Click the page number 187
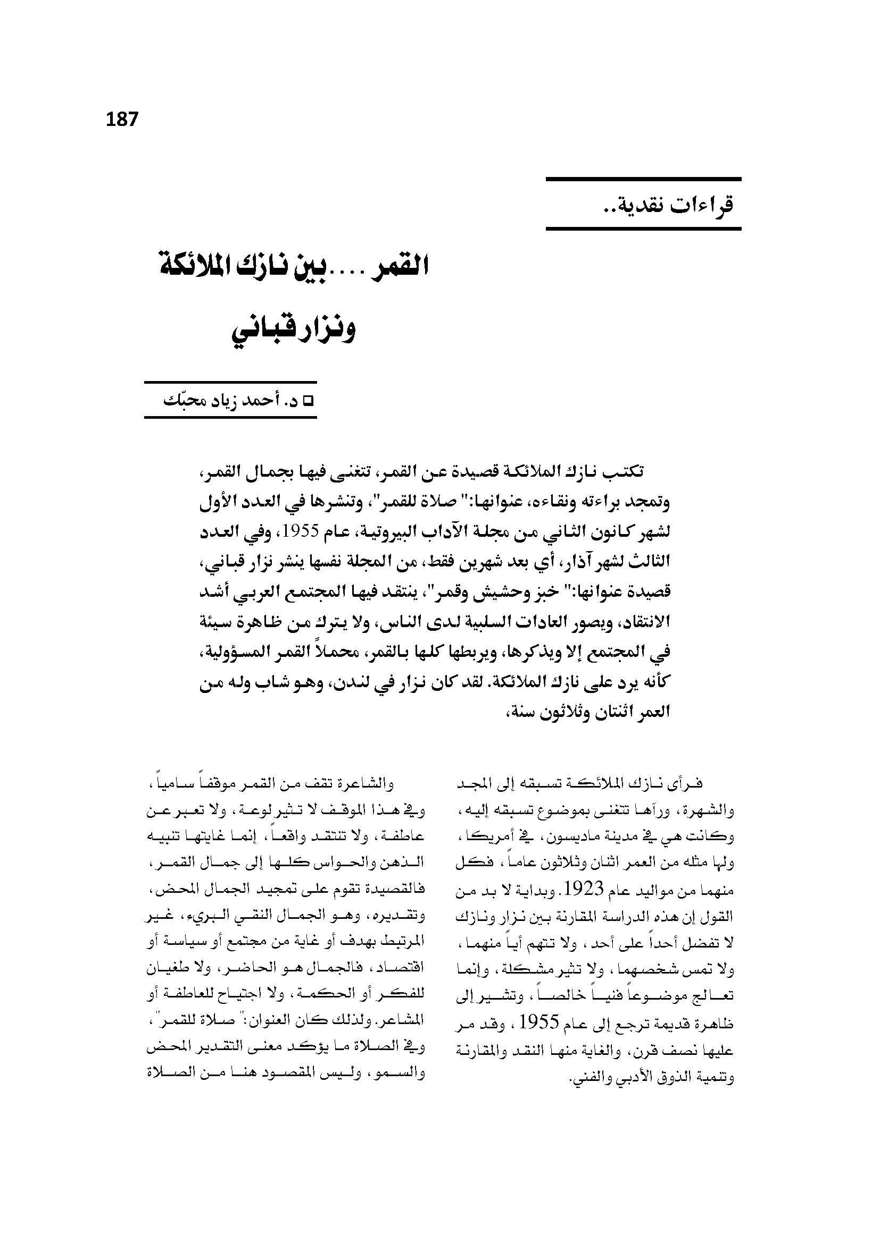click(x=122, y=119)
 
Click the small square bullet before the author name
click(x=311, y=402)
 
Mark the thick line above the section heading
click(x=643, y=179)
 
